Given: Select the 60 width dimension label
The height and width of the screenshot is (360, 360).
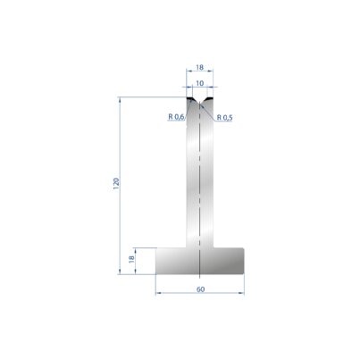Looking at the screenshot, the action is point(201,289).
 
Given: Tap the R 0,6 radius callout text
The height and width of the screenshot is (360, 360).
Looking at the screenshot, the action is point(176,117).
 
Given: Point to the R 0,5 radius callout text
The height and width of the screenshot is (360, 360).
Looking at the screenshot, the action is point(224,118).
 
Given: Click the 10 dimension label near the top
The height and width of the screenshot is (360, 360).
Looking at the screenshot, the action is point(200,83).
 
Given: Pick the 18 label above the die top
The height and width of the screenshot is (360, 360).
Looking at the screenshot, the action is point(200,67).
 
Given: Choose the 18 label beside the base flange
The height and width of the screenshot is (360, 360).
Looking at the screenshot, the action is point(131,259).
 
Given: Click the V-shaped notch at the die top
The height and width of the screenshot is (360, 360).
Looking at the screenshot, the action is point(200,100).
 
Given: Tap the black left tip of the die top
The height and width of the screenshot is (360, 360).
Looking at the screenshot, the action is point(189,98).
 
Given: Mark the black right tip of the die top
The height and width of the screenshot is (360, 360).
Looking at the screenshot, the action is point(210,98).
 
